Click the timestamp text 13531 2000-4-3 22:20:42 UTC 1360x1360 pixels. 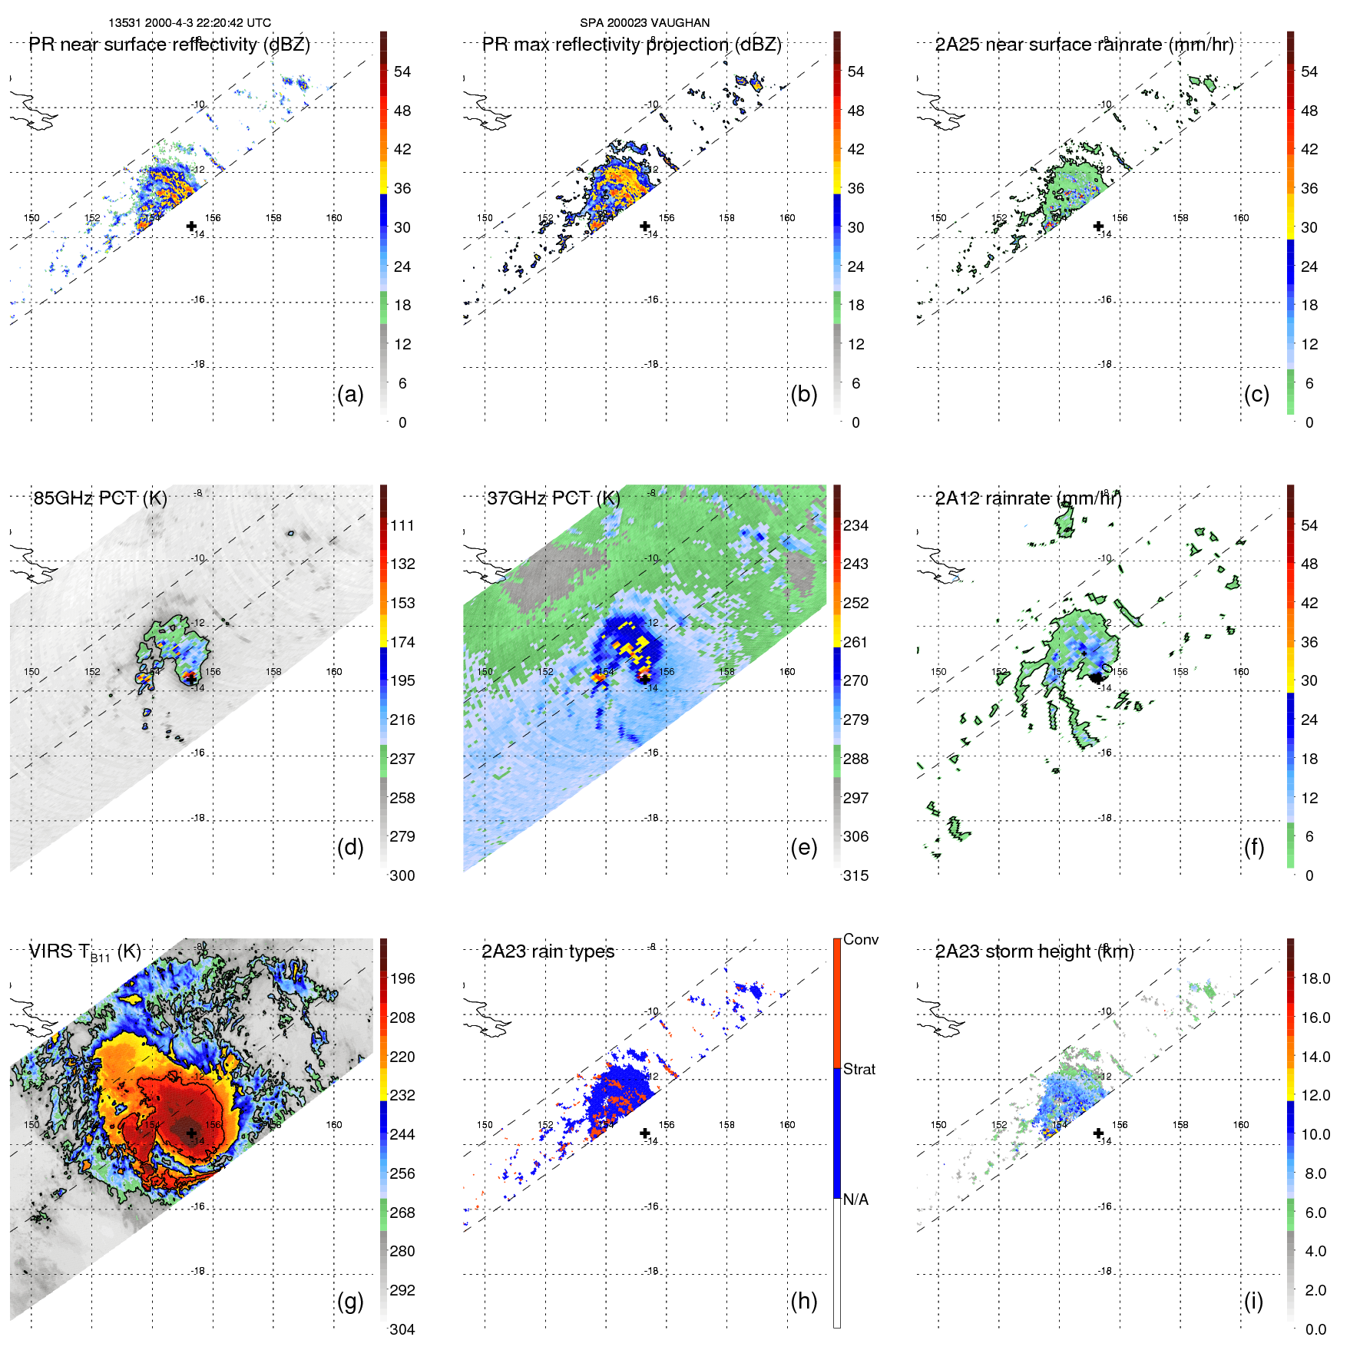tap(190, 23)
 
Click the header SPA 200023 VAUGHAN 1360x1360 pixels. tap(644, 23)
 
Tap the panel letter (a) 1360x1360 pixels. tap(350, 394)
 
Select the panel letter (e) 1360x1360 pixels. tap(803, 847)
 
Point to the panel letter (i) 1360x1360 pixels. tap(1253, 1301)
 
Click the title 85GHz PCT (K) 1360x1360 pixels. tap(100, 498)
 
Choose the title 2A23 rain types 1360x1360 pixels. tap(548, 951)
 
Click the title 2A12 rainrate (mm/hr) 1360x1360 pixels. tap(1028, 498)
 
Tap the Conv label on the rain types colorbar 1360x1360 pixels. tap(860, 939)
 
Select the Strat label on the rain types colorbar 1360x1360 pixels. tap(859, 1069)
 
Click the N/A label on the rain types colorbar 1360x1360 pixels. tap(855, 1200)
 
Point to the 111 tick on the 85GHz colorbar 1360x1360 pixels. tap(402, 525)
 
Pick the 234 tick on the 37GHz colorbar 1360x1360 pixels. tap(855, 525)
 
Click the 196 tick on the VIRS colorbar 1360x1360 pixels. tap(402, 978)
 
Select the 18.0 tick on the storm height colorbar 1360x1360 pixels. tap(1315, 978)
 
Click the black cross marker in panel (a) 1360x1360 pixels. tap(191, 226)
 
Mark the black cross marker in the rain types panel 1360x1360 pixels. tap(645, 1133)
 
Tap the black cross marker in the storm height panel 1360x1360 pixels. tap(1098, 1133)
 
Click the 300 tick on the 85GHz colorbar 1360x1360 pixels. tap(402, 875)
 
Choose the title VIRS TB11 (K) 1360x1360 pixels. tap(84, 952)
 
